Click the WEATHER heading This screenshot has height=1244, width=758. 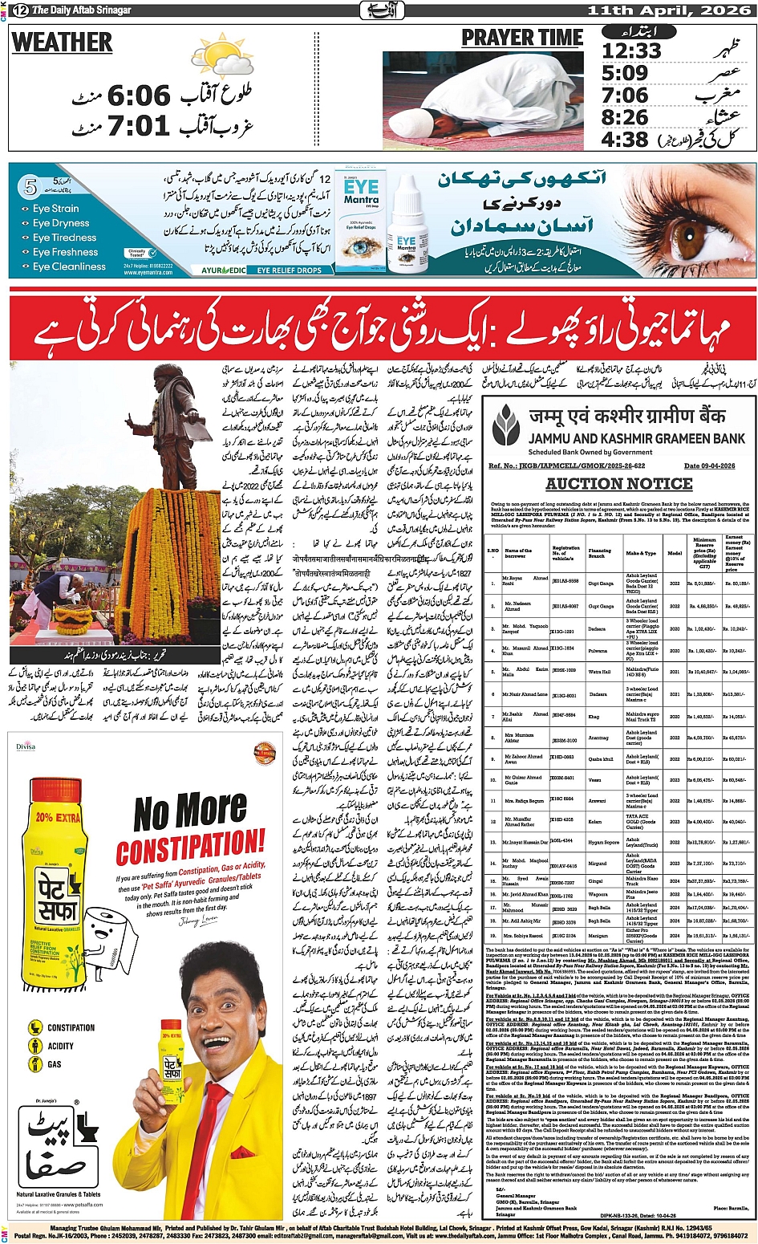click(x=62, y=42)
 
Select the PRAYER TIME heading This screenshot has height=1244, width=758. click(x=522, y=38)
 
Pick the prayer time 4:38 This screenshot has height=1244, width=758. click(x=625, y=139)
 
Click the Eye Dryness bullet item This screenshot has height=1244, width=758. click(x=60, y=223)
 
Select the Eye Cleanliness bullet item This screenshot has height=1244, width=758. click(x=68, y=266)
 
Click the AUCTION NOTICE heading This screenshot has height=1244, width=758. click(x=618, y=484)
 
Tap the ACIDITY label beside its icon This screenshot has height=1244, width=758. click(x=61, y=1046)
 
